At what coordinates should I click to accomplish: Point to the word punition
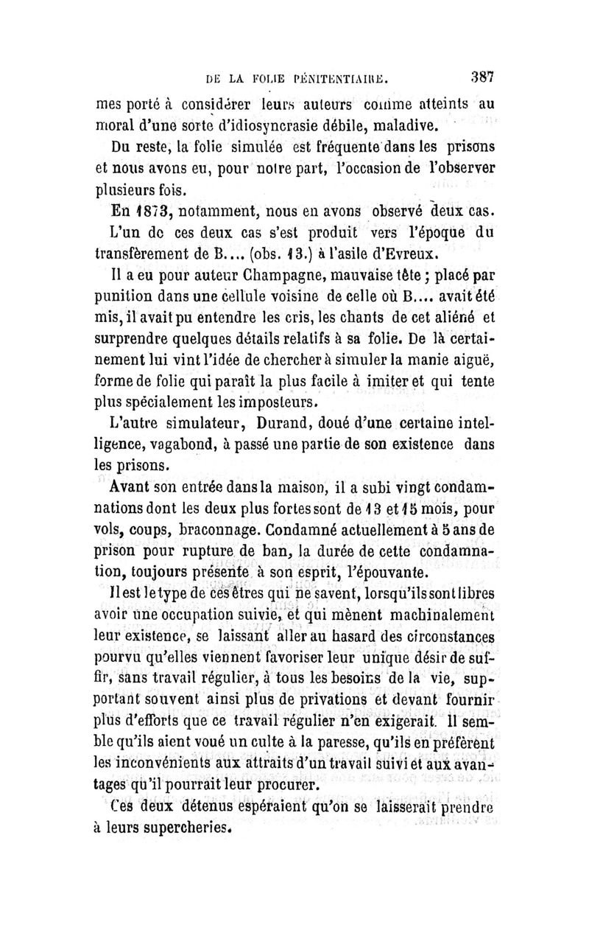[123, 302]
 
